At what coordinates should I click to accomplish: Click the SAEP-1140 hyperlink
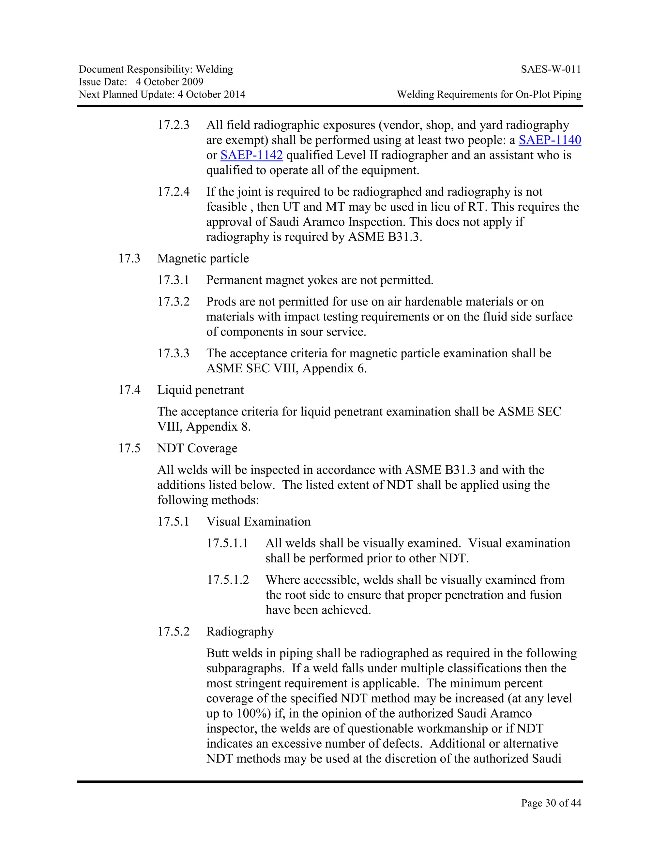pyautogui.click(x=550, y=140)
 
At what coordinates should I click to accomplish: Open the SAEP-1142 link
pyautogui.click(x=252, y=155)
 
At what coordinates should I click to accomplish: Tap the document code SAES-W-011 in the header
pyautogui.click(x=551, y=70)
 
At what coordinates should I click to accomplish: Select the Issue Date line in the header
pyautogui.click(x=141, y=82)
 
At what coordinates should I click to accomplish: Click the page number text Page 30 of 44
pyautogui.click(x=551, y=803)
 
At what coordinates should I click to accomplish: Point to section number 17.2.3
pyautogui.click(x=173, y=125)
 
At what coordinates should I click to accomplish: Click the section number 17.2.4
pyautogui.click(x=173, y=192)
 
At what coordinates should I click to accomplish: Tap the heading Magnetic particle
pyautogui.click(x=203, y=258)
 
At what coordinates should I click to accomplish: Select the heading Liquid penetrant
pyautogui.click(x=201, y=390)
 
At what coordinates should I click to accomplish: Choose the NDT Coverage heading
pyautogui.click(x=197, y=448)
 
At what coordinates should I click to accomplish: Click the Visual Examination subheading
pyautogui.click(x=258, y=521)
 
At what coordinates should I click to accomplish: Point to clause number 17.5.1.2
pyautogui.click(x=228, y=580)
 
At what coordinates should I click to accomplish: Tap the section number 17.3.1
pyautogui.click(x=173, y=280)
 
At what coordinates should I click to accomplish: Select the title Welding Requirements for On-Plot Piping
pyautogui.click(x=489, y=95)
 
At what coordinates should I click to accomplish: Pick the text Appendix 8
pyautogui.click(x=219, y=427)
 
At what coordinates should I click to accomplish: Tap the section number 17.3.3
pyautogui.click(x=173, y=353)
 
